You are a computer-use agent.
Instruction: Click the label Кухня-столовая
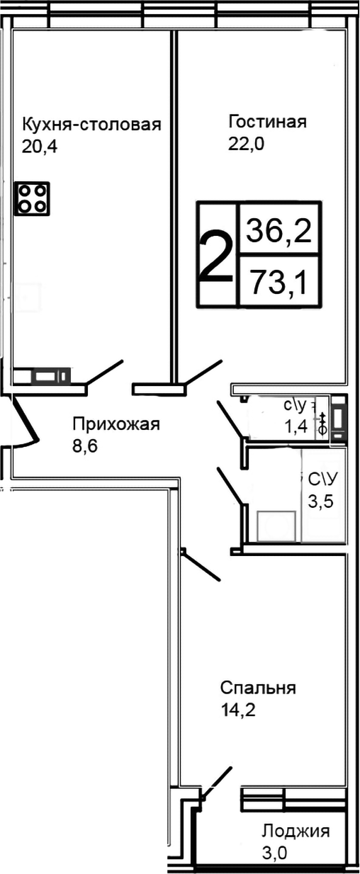(91, 125)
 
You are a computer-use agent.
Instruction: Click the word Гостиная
(267, 122)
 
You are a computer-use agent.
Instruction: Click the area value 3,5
(320, 501)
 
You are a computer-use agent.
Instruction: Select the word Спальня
(257, 688)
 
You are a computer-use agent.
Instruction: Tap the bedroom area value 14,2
(237, 710)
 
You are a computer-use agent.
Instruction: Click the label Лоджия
(296, 831)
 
